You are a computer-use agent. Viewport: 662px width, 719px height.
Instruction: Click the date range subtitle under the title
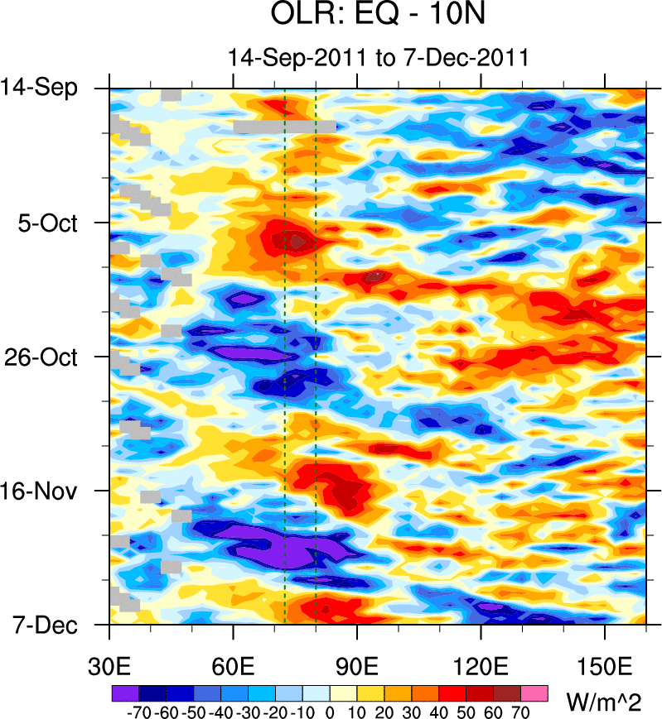click(378, 58)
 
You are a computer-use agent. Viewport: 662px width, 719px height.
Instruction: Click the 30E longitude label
click(109, 666)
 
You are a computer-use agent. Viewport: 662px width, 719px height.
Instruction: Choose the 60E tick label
click(234, 666)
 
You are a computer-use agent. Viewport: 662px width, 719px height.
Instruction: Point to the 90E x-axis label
click(357, 666)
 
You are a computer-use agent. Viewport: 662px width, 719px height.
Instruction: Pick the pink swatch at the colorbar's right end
click(534, 692)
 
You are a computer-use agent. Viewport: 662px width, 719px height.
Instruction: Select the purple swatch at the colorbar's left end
click(124, 692)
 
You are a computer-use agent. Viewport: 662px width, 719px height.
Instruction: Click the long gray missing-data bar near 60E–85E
click(284, 127)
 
